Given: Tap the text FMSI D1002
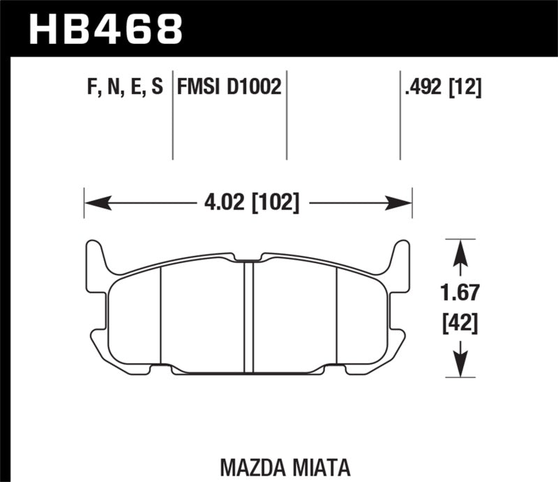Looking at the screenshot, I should coord(229,87).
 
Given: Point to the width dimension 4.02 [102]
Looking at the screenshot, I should coord(248,204).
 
